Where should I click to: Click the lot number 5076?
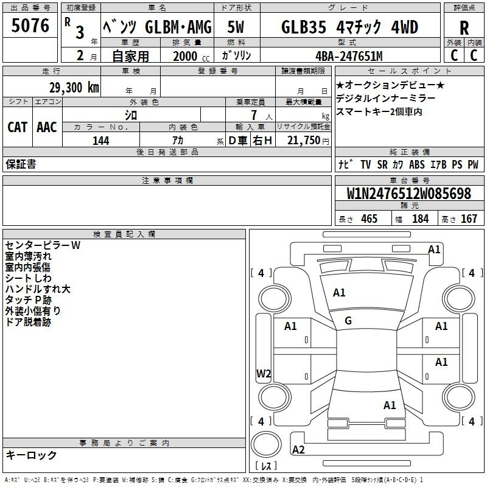30,26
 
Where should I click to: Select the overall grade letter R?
464,28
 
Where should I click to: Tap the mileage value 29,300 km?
74,88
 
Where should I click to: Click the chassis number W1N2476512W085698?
409,194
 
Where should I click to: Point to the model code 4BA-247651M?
349,56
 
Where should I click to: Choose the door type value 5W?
236,27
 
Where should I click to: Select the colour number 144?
101,141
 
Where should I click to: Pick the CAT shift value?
18,127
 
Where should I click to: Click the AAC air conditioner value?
47,127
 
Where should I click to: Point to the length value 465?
369,219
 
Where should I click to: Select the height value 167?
469,219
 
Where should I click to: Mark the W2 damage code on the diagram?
264,373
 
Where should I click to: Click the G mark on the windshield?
348,321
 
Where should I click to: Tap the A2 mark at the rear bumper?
298,449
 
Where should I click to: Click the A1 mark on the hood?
339,293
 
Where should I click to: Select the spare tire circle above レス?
266,444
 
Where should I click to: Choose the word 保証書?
21,164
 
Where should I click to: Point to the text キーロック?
31,455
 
